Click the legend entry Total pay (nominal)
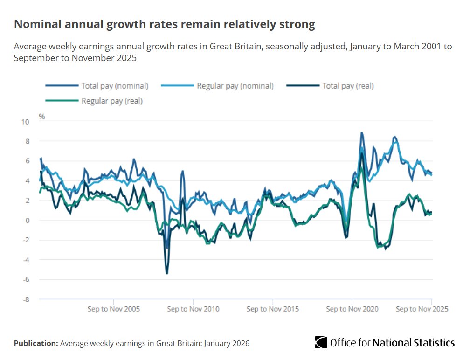(115, 86)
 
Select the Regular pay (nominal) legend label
(235, 86)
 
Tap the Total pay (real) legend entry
(348, 86)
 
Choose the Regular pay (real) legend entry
(112, 101)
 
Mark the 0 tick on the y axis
(27, 221)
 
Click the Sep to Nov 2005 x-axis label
(114, 309)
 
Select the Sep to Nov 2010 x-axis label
(193, 309)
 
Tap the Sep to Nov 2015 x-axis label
(273, 309)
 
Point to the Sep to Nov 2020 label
(352, 309)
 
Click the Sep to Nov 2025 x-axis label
(422, 309)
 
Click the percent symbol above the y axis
(41, 117)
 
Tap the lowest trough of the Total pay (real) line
(167, 273)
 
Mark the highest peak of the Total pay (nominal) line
(362, 132)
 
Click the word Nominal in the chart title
(35, 25)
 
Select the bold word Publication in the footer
(35, 343)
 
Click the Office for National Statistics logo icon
(321, 342)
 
